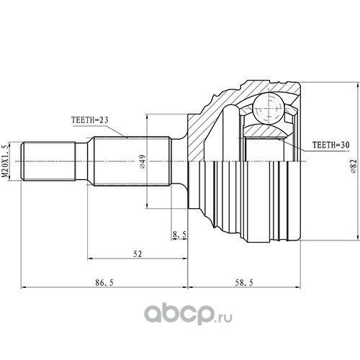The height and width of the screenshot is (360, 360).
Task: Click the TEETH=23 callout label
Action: [x=90, y=120]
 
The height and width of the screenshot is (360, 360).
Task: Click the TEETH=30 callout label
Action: [x=330, y=145]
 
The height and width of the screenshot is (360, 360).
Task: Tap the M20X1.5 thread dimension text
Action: [x=6, y=161]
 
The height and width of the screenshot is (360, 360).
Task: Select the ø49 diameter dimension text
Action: [x=143, y=161]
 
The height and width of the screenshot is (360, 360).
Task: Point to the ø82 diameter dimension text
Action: [x=354, y=166]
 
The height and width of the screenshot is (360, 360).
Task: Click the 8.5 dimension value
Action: [x=179, y=235]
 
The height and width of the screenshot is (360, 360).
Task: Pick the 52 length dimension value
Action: [x=138, y=254]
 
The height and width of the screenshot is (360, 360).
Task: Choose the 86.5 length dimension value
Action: [x=104, y=283]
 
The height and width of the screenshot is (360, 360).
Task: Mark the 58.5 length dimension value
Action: [x=244, y=283]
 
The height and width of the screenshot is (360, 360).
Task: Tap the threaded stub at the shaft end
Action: [x=48, y=161]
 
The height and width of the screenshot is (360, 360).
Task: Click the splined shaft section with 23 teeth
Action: [x=132, y=161]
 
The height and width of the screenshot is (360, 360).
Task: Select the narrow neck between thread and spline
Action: [x=81, y=161]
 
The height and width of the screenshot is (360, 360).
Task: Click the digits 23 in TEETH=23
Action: [x=104, y=120]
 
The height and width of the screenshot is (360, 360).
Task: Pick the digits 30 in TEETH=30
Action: [x=345, y=145]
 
